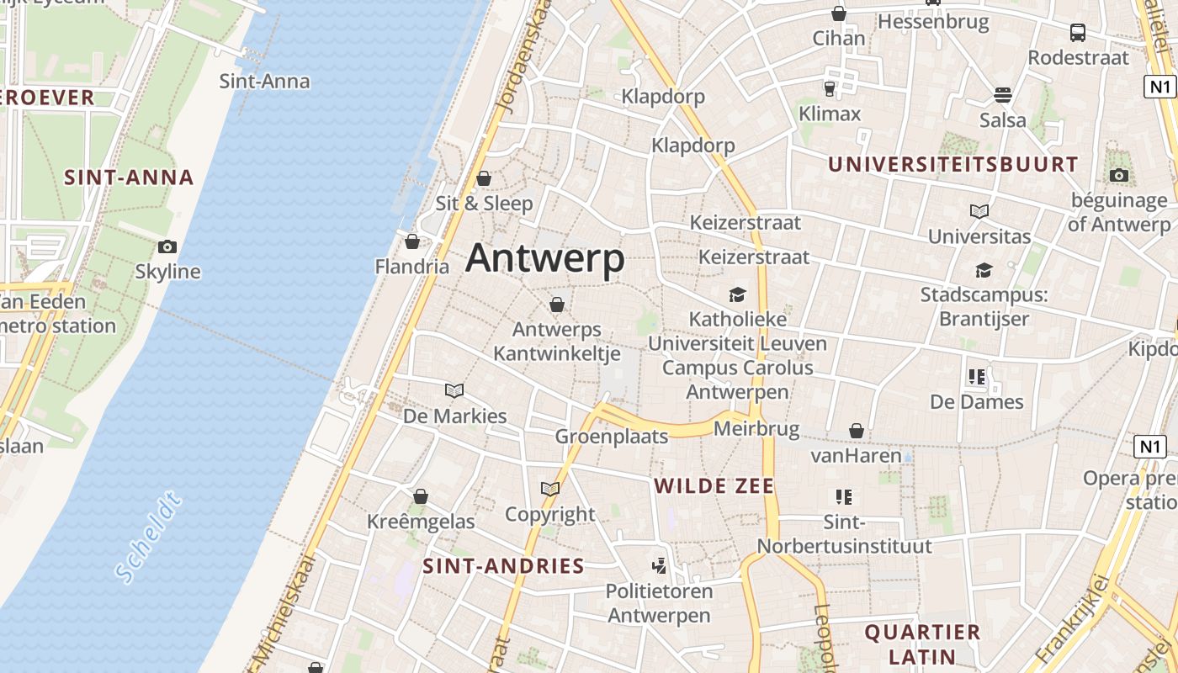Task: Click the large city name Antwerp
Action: (544, 258)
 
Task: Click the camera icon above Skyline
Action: (167, 246)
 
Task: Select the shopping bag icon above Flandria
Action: (412, 242)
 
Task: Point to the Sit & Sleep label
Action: (484, 203)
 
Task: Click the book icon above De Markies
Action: (454, 391)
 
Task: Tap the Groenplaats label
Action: (612, 436)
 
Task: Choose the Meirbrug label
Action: (756, 429)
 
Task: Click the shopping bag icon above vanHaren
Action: (857, 432)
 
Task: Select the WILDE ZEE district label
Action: (714, 486)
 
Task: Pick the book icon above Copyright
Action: (550, 489)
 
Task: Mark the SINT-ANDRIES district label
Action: (503, 566)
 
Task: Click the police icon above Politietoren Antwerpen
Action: (660, 565)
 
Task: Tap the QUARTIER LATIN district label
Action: (922, 644)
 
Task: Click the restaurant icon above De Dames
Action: (976, 377)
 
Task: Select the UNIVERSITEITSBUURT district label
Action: (952, 164)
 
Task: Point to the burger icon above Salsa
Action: (1002, 94)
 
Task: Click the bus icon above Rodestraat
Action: (1078, 33)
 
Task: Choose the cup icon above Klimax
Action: (830, 87)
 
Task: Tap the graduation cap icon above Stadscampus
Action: (983, 270)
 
